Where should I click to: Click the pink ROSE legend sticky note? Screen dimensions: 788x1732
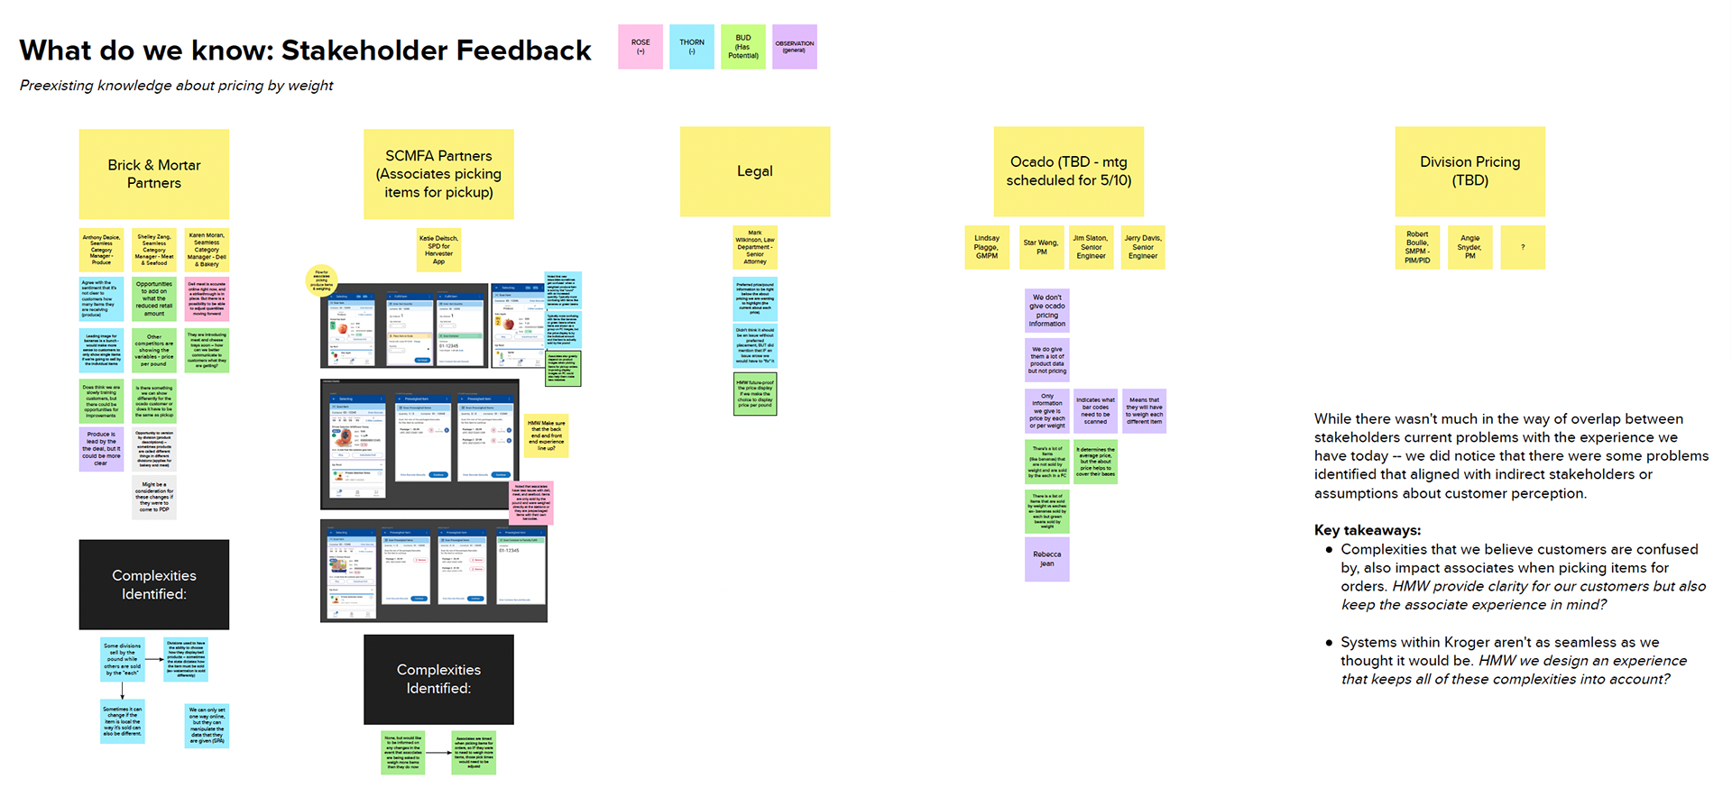point(640,47)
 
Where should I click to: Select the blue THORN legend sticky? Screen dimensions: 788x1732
point(692,47)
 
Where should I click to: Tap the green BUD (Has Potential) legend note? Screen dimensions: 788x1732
point(743,47)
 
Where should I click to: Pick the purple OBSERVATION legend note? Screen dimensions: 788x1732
point(795,47)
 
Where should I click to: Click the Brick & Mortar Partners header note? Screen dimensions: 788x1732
point(154,174)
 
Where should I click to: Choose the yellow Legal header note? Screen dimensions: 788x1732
point(755,171)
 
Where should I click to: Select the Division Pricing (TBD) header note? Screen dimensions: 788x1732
point(1470,171)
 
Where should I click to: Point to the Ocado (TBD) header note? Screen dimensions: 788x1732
point(1069,171)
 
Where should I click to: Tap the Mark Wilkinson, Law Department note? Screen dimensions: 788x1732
point(755,248)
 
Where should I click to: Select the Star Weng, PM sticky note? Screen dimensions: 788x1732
point(1042,247)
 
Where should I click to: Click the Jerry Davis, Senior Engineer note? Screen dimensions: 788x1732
point(1143,247)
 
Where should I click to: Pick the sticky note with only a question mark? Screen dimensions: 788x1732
point(1523,247)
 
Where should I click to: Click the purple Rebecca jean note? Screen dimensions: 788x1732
point(1047,559)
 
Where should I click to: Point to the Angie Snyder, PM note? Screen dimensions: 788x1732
point(1470,247)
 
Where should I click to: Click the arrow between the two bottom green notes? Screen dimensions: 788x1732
point(438,753)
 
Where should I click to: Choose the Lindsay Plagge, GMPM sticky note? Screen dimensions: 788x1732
point(987,247)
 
